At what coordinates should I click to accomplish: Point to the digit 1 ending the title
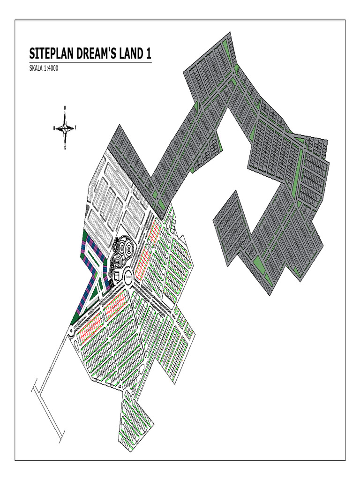coord(149,54)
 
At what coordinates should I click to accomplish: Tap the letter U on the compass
coord(65,108)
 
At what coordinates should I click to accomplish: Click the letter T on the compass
coord(76,127)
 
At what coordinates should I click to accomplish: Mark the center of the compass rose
coord(65,127)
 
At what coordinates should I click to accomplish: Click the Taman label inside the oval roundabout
coord(128,277)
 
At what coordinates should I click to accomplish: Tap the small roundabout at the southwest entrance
coord(71,331)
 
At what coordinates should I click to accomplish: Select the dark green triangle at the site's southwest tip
coord(74,320)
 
